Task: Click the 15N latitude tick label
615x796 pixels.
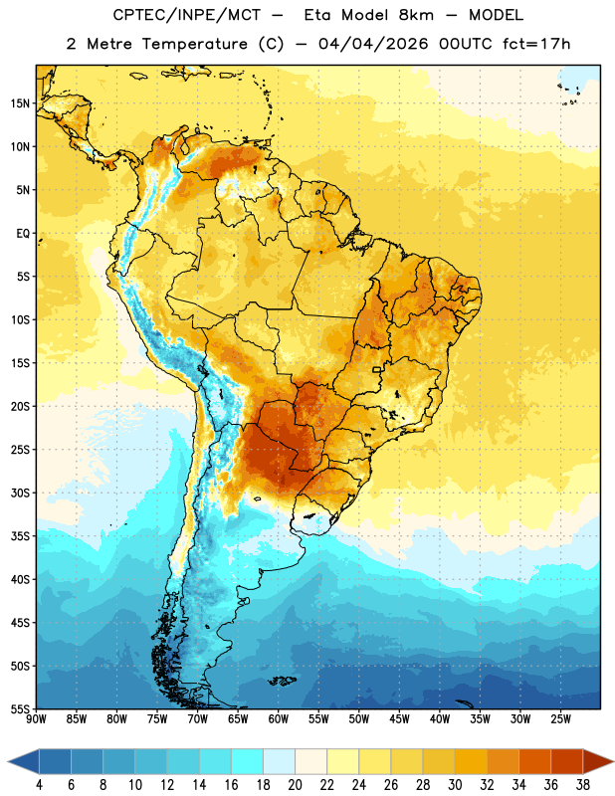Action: pyautogui.click(x=20, y=103)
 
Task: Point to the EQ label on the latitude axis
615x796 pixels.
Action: pyautogui.click(x=23, y=234)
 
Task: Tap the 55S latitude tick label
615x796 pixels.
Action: pyautogui.click(x=20, y=708)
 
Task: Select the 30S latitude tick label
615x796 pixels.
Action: pyautogui.click(x=20, y=493)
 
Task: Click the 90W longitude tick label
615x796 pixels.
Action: pyautogui.click(x=36, y=718)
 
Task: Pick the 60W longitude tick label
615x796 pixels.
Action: pyautogui.click(x=279, y=718)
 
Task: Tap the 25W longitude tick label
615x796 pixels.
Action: pyautogui.click(x=560, y=718)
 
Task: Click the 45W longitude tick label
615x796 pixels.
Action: pyautogui.click(x=399, y=718)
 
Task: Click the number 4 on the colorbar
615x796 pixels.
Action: pyautogui.click(x=39, y=785)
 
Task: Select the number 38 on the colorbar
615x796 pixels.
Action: pyautogui.click(x=583, y=785)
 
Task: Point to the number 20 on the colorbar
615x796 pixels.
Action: pyautogui.click(x=295, y=785)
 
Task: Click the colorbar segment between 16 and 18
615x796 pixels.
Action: pyautogui.click(x=248, y=762)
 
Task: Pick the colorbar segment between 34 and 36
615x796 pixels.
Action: pyautogui.click(x=535, y=762)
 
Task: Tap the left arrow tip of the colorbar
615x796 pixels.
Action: pyautogui.click(x=8, y=762)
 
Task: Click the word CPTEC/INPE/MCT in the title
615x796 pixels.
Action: pyautogui.click(x=186, y=15)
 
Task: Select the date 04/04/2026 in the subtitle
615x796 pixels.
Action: pyautogui.click(x=373, y=44)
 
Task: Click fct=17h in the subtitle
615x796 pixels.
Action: pyautogui.click(x=536, y=44)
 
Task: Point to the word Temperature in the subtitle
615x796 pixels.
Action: pyautogui.click(x=194, y=44)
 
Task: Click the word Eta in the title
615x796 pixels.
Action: pyautogui.click(x=317, y=15)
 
